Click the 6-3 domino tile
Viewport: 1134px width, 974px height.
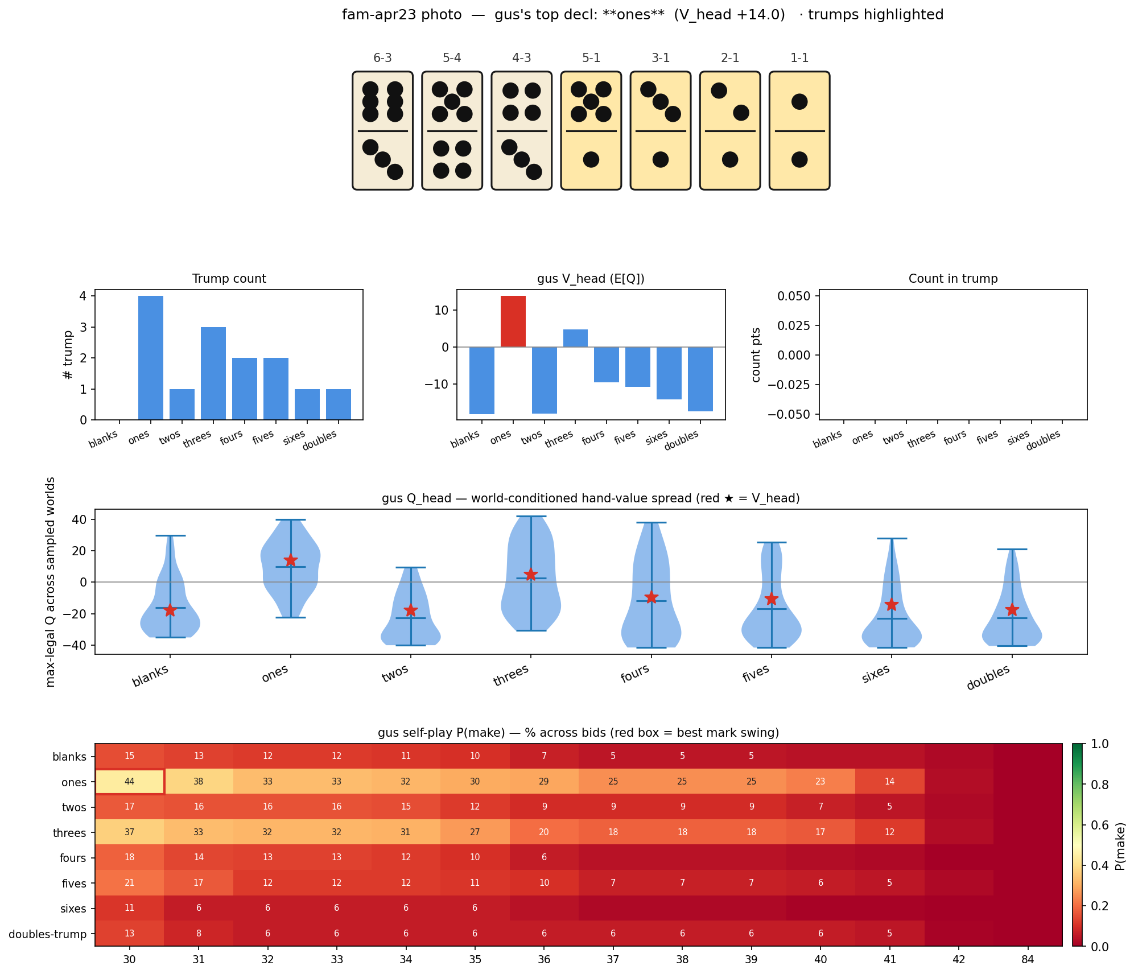[382, 130]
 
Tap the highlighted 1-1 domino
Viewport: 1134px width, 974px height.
[799, 130]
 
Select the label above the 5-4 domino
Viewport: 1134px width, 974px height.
[452, 58]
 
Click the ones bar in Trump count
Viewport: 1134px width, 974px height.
[151, 358]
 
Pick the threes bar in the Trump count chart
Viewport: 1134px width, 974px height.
[213, 373]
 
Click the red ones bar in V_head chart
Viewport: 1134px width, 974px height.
[513, 321]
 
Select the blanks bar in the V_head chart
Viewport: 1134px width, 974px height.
[482, 380]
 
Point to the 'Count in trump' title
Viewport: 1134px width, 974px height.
[953, 279]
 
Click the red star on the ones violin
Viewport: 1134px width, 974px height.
[291, 560]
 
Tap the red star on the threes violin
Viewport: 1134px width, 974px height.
[531, 575]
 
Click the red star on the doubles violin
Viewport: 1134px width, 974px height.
[1012, 610]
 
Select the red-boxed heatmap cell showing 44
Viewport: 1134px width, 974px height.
[130, 781]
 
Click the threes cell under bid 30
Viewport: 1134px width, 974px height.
[130, 832]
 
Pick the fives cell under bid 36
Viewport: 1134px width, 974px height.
[544, 882]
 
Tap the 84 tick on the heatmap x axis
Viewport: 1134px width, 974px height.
[1028, 960]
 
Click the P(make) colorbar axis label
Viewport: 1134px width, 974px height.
[1120, 845]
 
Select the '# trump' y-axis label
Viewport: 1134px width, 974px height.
[68, 355]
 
